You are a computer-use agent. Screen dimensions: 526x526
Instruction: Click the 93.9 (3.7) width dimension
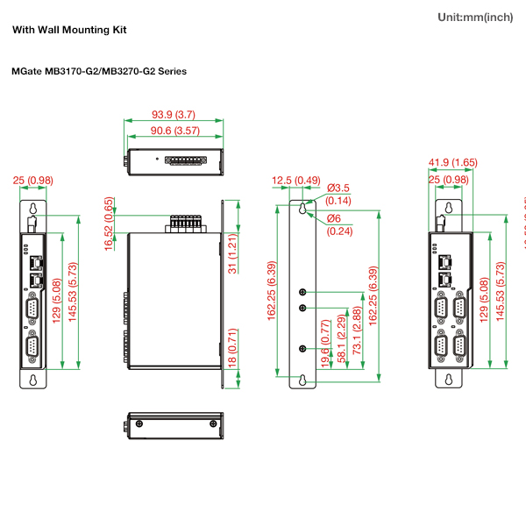point(173,115)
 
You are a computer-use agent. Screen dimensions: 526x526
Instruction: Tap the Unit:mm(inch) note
point(474,18)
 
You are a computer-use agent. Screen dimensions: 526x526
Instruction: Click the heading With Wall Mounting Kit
point(69,30)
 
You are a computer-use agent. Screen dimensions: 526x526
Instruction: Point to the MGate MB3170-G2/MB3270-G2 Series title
point(99,71)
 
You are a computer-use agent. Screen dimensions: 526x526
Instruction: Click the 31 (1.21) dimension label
point(233,253)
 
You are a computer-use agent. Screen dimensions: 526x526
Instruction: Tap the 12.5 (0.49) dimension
point(295,181)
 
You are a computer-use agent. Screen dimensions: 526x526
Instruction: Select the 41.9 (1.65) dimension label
point(452,162)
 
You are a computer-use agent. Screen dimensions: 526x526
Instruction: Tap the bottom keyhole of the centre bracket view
point(302,380)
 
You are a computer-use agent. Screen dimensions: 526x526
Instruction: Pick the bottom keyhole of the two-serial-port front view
point(32,380)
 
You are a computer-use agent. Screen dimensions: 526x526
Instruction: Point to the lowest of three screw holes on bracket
point(302,348)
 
